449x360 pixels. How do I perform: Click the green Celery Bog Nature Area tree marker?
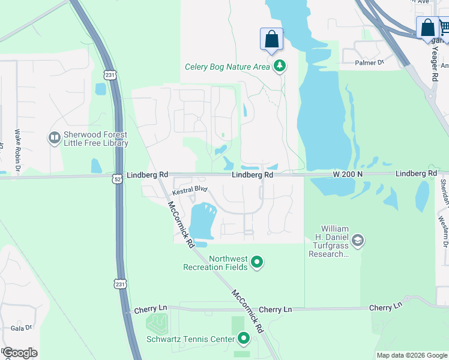[279, 67]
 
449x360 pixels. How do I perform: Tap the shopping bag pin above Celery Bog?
[271, 39]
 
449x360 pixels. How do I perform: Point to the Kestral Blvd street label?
[190, 190]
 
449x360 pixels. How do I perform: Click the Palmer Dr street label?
[369, 62]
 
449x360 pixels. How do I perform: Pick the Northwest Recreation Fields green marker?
[257, 262]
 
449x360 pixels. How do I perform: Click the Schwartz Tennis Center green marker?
[244, 339]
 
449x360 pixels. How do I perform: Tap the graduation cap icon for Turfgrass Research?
[358, 241]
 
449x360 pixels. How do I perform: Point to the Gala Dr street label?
[21, 328]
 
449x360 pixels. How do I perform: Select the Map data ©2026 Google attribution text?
[412, 355]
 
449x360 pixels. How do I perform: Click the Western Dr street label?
[444, 232]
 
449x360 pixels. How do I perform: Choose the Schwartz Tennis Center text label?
[190, 339]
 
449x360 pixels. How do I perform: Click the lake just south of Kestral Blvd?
[202, 222]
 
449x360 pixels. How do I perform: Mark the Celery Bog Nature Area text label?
[228, 67]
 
